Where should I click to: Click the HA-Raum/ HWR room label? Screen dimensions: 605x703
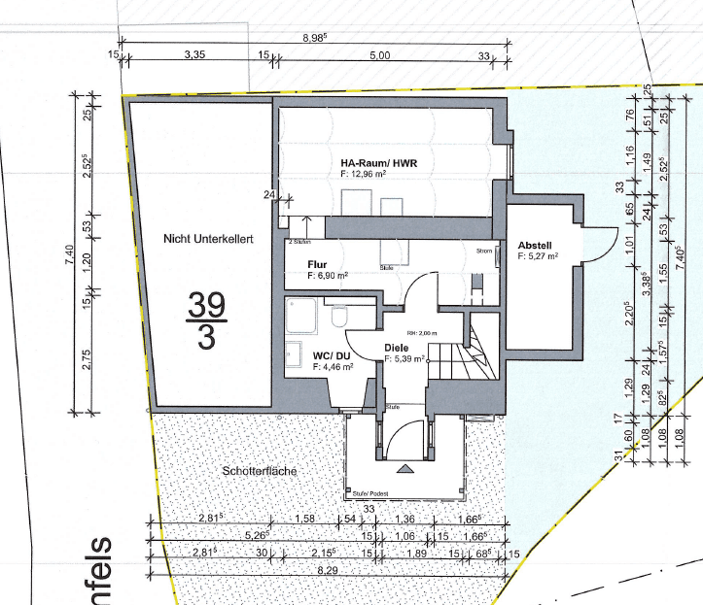[378, 162]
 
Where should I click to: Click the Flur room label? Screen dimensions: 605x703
[316, 263]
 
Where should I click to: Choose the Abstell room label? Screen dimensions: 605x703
[536, 246]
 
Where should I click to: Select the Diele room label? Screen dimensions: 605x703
[396, 347]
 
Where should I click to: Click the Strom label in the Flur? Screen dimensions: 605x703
[485, 251]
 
